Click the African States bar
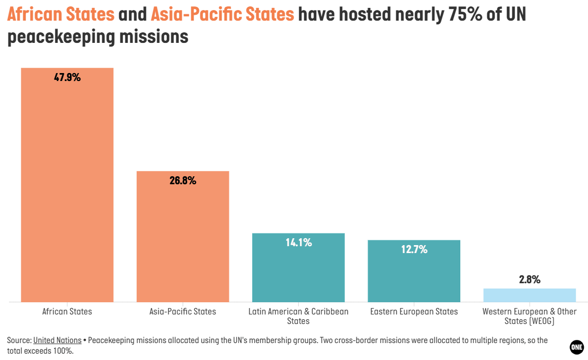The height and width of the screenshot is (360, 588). point(67,185)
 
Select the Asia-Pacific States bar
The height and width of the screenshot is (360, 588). point(183,236)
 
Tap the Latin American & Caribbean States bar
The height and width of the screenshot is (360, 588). point(298,267)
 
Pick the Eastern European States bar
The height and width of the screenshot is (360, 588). point(414,271)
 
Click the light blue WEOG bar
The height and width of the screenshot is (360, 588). point(530,295)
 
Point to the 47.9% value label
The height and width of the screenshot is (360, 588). point(67,77)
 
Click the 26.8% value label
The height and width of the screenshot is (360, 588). point(183,181)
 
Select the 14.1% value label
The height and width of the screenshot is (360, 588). point(298,243)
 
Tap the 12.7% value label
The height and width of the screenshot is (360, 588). point(414,249)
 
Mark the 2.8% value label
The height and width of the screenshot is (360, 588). point(530,280)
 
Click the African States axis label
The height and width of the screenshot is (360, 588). point(67,311)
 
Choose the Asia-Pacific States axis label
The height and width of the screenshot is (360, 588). point(183,311)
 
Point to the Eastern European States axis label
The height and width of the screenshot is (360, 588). point(414,311)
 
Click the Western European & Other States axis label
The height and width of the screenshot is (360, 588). point(530,316)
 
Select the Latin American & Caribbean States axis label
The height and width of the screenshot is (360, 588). point(298,316)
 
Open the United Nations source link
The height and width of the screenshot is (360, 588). point(57,340)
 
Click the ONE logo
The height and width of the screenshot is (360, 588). point(576,347)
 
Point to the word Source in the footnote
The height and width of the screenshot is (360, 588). point(19,340)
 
